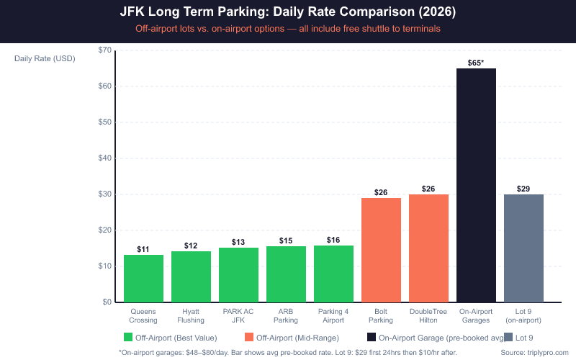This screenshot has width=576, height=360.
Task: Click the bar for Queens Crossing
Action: [143, 278]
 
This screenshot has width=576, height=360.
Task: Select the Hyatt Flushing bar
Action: [191, 276]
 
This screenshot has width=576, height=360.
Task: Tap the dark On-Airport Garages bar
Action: [476, 185]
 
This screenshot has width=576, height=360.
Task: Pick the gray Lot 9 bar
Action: [523, 248]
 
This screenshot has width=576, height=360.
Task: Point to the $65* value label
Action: [476, 63]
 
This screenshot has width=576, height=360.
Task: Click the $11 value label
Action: [143, 249]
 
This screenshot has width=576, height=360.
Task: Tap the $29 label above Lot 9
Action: [523, 189]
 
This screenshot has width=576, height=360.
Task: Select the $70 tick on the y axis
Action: [104, 50]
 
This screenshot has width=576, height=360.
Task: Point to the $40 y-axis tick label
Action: [104, 158]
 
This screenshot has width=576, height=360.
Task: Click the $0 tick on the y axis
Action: [107, 302]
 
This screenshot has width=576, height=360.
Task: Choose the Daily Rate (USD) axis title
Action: [45, 58]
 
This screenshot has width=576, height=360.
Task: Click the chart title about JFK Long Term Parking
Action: [287, 13]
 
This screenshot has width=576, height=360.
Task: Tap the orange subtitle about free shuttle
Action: [287, 30]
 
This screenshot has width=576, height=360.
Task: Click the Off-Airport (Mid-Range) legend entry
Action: [292, 337]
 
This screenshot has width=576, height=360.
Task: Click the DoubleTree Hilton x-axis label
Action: [428, 315]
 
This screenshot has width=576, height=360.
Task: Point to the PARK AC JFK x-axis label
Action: [238, 315]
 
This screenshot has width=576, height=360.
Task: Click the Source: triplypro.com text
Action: [534, 352]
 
